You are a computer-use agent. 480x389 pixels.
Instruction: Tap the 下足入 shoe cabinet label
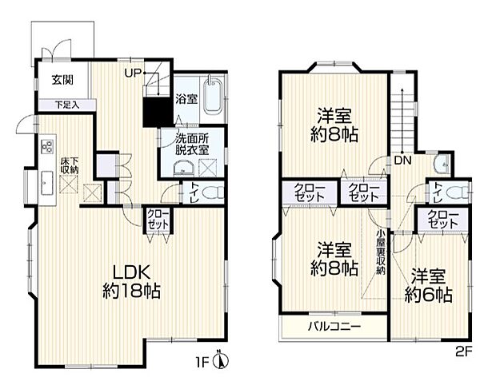tap(66, 105)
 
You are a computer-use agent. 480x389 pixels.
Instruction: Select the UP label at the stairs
tap(133, 73)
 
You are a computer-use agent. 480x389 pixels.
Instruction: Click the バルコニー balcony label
tap(335, 326)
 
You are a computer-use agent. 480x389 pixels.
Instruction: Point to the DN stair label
tap(402, 160)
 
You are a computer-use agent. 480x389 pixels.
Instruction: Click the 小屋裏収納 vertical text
tap(382, 251)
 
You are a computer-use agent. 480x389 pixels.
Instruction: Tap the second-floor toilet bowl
tap(455, 193)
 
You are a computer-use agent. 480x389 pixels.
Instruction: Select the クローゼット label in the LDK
tap(155, 219)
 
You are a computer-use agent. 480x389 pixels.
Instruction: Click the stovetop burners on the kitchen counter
tap(45, 145)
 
